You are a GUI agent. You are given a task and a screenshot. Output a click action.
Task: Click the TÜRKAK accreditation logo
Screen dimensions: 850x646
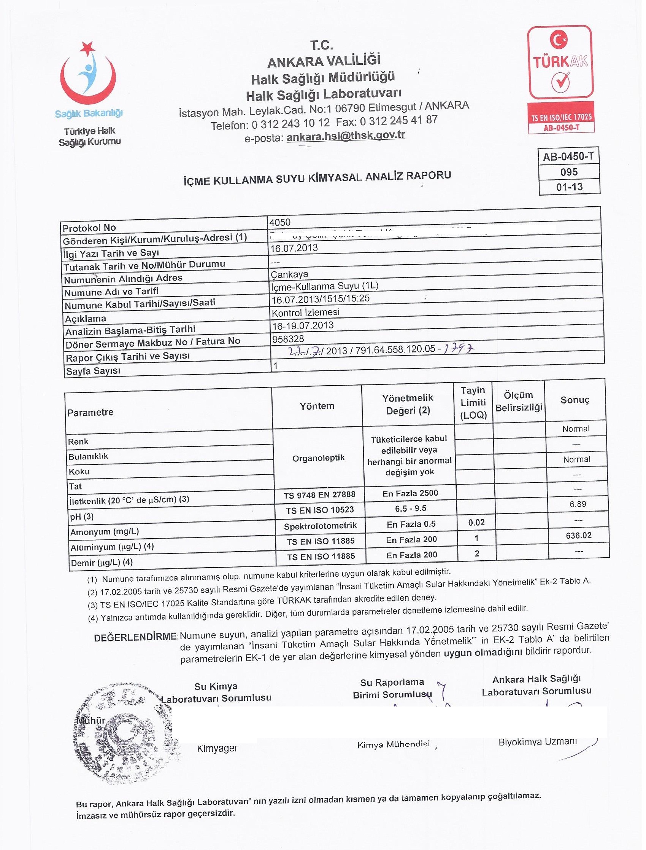(x=560, y=79)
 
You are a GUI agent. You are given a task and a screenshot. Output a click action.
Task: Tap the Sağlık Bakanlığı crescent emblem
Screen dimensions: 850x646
(x=88, y=75)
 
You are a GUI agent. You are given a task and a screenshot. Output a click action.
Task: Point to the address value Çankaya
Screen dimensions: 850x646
(x=290, y=274)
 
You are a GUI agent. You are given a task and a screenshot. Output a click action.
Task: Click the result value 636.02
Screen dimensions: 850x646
(x=578, y=536)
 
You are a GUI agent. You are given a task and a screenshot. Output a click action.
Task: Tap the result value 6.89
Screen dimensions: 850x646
(x=578, y=504)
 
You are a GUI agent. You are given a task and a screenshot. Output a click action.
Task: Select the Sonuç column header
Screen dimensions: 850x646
(x=575, y=400)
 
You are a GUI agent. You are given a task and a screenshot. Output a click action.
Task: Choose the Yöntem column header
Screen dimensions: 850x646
(x=317, y=406)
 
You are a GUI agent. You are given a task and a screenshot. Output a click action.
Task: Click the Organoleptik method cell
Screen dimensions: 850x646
(x=318, y=458)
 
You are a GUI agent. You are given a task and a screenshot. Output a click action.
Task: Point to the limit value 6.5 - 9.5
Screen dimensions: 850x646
(x=410, y=508)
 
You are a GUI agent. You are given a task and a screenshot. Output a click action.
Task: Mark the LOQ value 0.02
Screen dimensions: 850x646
(x=476, y=522)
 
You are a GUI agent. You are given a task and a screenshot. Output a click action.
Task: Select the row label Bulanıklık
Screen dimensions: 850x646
(x=88, y=456)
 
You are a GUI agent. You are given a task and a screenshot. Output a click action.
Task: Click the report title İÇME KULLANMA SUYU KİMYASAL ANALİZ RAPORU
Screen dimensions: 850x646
(x=317, y=178)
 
